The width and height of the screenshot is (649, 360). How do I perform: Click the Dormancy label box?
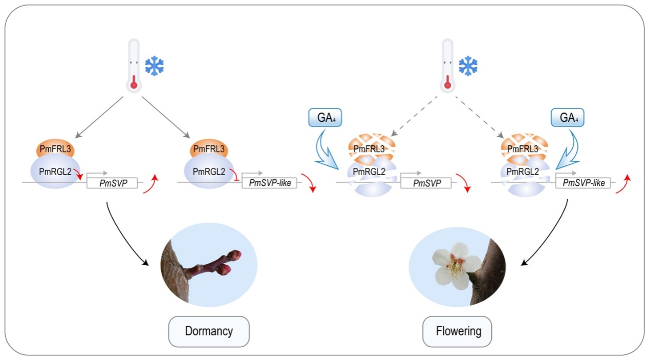click(x=209, y=331)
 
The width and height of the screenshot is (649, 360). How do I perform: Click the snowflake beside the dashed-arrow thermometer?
click(x=468, y=66)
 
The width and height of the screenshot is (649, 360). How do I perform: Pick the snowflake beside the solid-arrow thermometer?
click(x=154, y=66)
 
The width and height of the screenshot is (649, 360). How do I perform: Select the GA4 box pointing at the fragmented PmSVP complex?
click(x=325, y=118)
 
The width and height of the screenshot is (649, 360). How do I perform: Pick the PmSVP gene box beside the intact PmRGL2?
click(x=112, y=182)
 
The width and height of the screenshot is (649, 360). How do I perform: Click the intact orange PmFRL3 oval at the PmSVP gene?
click(x=56, y=149)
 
